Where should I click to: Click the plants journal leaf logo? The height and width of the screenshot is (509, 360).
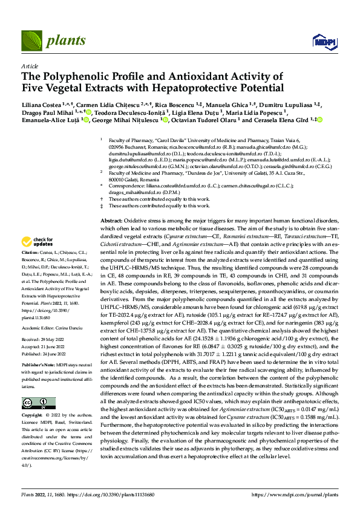[30, 42]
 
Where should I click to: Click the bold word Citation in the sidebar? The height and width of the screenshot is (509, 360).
[30, 250]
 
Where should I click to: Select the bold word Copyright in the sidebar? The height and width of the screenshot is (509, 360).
[33, 416]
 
